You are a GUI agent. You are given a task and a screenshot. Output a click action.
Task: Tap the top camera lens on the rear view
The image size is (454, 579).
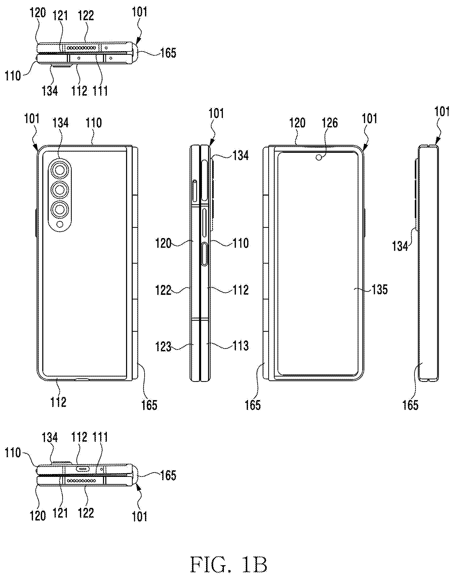tap(60, 170)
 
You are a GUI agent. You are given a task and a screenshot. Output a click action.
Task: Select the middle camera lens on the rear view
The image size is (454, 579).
tap(60, 189)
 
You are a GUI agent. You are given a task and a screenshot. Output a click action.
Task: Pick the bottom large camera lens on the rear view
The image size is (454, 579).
tap(60, 210)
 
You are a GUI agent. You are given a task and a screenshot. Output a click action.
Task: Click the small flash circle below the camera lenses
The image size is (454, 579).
tap(60, 225)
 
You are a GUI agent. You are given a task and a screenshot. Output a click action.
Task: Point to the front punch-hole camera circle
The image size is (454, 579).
tap(319, 158)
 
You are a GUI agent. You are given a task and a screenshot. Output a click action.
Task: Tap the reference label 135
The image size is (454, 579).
tap(380, 289)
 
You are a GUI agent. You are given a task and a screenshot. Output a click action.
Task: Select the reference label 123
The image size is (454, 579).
tap(163, 347)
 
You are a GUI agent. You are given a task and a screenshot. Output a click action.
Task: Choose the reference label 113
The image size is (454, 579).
tap(241, 346)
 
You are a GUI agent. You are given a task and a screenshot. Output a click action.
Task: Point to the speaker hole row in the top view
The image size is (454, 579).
tap(81, 48)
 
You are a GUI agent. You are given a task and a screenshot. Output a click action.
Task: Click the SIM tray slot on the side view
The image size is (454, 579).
tap(194, 191)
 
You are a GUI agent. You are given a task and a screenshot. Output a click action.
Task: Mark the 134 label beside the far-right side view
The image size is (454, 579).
tap(400, 246)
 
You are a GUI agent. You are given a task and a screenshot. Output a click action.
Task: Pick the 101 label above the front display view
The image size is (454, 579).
tap(370, 119)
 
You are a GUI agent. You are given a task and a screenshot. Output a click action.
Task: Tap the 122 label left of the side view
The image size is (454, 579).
tap(163, 290)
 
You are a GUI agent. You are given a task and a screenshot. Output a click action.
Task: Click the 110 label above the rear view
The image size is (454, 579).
tap(94, 123)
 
